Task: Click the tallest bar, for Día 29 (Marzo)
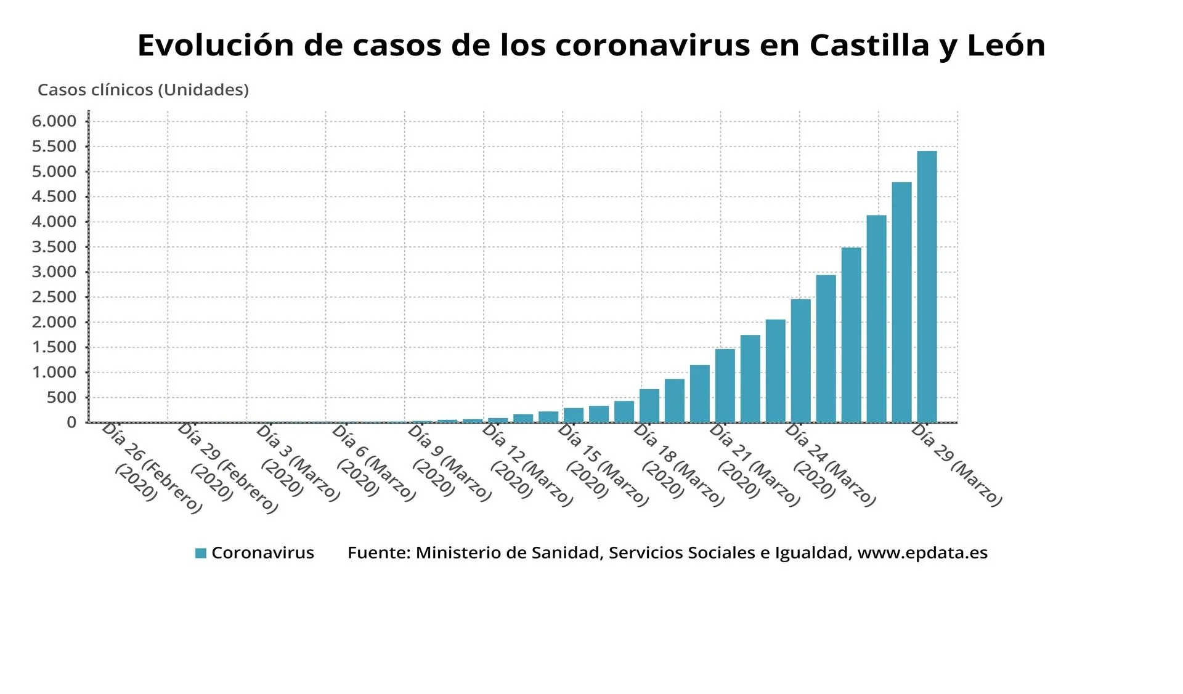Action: [x=927, y=286]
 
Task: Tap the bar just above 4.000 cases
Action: [x=876, y=318]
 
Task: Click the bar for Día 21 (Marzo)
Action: [x=725, y=385]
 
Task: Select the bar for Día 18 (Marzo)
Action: [x=649, y=406]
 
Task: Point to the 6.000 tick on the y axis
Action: [x=54, y=121]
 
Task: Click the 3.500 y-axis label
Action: [x=54, y=247]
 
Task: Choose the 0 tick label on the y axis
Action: [x=72, y=422]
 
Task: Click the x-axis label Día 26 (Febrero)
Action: [x=151, y=468]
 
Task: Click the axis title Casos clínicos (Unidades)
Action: [x=143, y=90]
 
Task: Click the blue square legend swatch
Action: [x=200, y=553]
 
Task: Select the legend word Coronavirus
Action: [x=262, y=553]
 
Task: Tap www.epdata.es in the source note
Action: [x=922, y=553]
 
